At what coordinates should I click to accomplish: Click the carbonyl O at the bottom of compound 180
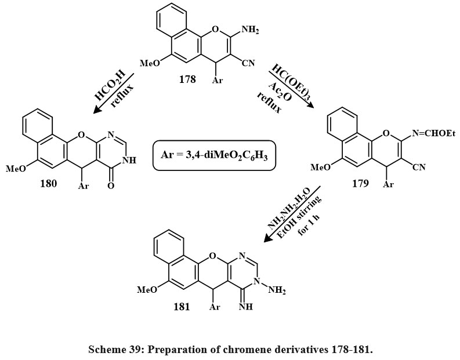point(111,187)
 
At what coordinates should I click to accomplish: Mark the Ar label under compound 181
point(215,307)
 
